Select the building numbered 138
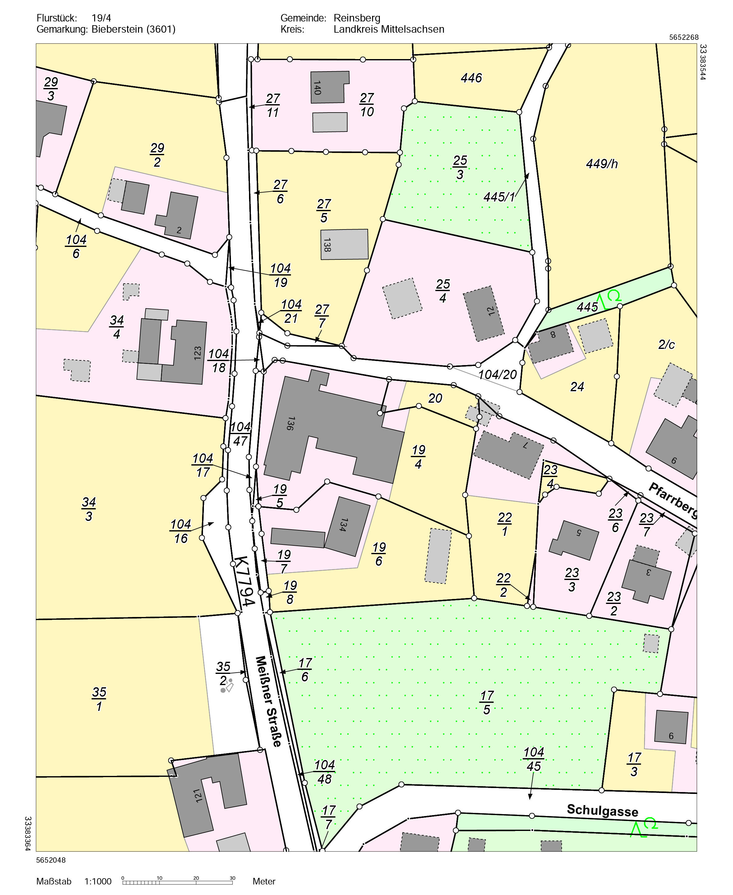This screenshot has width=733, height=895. point(344,244)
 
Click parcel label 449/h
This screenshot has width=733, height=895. point(602,164)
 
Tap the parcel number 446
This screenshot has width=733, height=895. point(471,78)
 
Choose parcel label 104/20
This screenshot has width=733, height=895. point(497,374)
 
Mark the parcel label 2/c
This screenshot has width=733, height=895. point(666,345)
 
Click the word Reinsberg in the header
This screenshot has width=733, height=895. point(357,18)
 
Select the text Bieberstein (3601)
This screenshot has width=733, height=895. point(133,29)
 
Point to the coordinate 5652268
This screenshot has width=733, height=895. point(684,37)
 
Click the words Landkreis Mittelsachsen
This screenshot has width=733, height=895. point(389,29)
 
